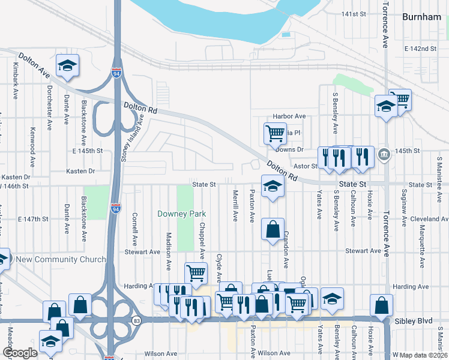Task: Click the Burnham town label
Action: coord(422,17)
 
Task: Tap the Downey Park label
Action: coord(182,214)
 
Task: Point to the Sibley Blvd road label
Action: coord(414,321)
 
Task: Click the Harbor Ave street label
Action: coord(289,116)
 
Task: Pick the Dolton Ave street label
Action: coord(34,66)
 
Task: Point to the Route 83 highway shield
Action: coord(137,321)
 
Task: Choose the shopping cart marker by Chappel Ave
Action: coord(196,273)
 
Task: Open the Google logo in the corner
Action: coord(20,353)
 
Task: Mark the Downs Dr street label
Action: coord(293,149)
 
